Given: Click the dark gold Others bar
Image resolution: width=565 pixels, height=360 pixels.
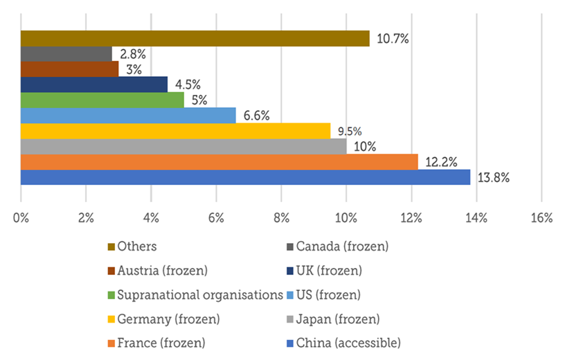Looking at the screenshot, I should point(195,39).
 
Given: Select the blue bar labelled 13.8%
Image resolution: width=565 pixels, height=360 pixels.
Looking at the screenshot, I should point(245,177).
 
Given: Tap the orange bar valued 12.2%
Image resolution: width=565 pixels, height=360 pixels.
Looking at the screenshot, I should point(219,161).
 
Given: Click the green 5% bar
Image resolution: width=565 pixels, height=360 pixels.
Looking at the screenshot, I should point(102,100).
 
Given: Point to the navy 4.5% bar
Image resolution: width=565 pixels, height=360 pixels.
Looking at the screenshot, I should point(94,84).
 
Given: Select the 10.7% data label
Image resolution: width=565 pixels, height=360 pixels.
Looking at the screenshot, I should point(393,39).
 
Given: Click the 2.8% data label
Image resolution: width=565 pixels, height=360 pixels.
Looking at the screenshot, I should point(128,54).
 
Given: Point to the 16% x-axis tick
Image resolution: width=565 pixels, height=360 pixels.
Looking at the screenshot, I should point(541,219).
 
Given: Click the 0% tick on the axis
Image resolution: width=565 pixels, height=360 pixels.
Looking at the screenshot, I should point(21,219).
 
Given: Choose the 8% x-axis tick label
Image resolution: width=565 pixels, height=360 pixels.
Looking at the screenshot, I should point(281,219).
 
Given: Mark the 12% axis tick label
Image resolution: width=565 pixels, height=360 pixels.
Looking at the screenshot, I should point(411,219).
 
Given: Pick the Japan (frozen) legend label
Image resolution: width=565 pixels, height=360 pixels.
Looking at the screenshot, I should point(338,318).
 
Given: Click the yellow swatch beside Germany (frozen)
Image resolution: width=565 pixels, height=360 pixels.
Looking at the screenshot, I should point(111,318).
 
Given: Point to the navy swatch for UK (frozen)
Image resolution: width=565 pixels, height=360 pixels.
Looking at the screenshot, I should point(290,270).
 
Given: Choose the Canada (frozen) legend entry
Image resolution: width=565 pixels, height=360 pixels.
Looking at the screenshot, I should point(341,246).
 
